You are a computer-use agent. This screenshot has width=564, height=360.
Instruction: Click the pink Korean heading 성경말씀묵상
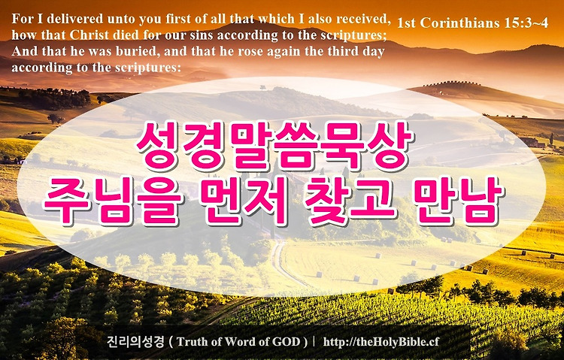[274, 146]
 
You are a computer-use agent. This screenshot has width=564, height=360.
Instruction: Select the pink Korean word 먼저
[244, 201]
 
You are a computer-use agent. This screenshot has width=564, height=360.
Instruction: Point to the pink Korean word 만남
[458, 201]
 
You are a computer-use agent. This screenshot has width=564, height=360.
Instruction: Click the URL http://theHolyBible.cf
[381, 342]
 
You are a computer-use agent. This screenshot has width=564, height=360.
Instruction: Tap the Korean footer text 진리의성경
[135, 341]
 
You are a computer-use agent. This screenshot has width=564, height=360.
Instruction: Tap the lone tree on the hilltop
[262, 87]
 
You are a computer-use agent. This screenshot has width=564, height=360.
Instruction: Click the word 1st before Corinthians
[406, 23]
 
